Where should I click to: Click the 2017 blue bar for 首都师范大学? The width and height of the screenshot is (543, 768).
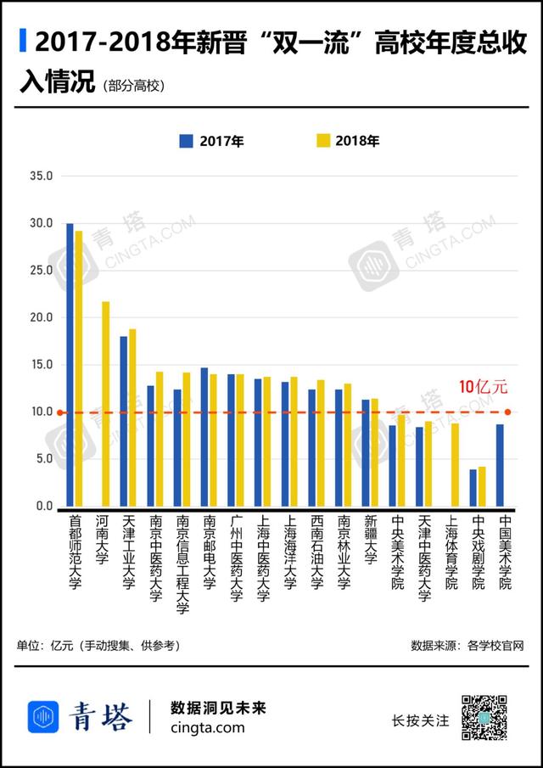pos(70,365)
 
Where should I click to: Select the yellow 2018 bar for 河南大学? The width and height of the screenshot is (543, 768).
pos(106,404)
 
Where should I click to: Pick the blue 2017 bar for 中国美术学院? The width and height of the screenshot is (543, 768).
pos(501,465)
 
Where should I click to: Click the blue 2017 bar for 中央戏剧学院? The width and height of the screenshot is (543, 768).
pos(473,488)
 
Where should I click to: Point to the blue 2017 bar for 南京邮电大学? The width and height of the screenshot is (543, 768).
pos(204,437)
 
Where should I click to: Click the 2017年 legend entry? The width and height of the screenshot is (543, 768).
pos(212,142)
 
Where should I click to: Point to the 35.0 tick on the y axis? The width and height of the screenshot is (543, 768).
pos(41,177)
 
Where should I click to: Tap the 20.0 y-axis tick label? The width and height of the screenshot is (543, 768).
pos(41,317)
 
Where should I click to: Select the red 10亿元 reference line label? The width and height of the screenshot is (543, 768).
pos(483,387)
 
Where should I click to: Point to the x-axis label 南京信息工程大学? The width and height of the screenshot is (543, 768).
pos(182,563)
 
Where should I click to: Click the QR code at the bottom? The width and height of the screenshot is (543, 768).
pos(483,717)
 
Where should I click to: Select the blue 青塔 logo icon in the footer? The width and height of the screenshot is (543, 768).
pos(43,717)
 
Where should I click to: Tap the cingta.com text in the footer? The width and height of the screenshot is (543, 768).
pos(207,728)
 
